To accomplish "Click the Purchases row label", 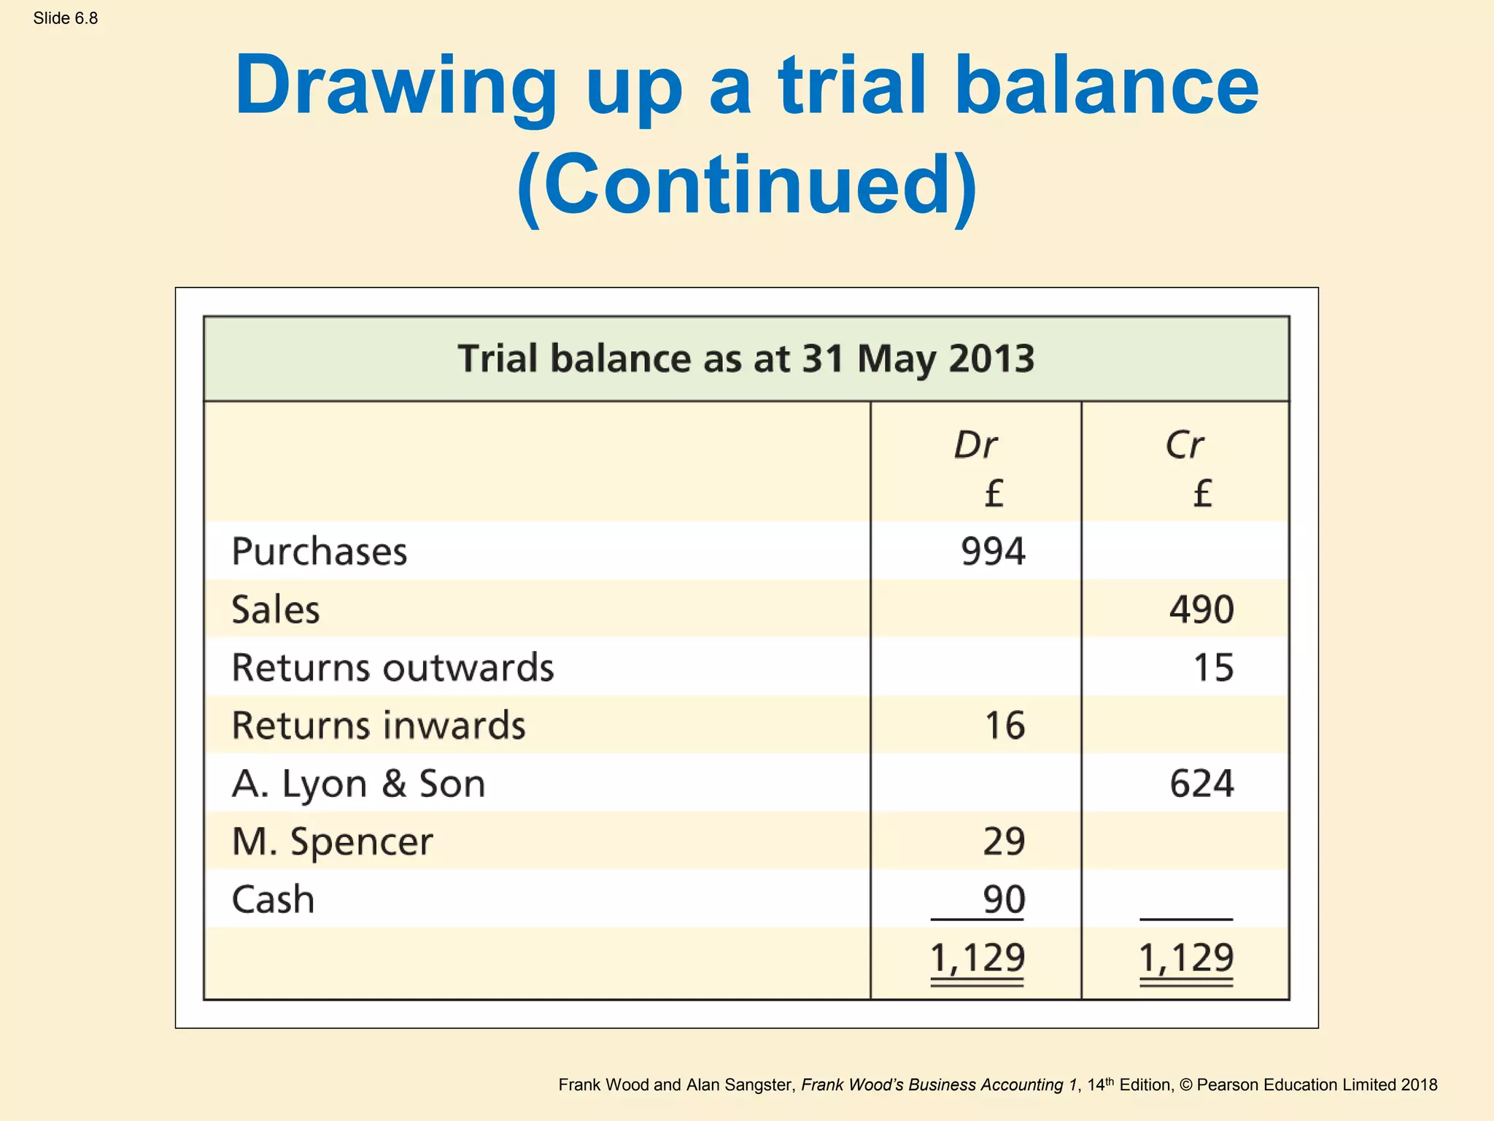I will pos(320,551).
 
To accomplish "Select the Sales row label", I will pos(276,609).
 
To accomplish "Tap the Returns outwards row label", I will pos(392,667).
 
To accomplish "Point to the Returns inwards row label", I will pos(379,725).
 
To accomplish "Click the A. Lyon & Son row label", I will pos(358,784).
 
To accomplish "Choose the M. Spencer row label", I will pos(332,841).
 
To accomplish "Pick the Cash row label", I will pos(273,899).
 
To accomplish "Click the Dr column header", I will pos(975,444).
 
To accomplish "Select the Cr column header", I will pos(1185,444).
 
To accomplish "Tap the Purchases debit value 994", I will pos(993,551).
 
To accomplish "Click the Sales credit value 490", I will pos(1201,609).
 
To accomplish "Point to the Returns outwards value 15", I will pos(1213,667).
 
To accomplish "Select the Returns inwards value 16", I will pos(1005,725).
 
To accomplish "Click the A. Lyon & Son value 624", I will pos(1201,784).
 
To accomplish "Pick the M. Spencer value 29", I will pos(1004,841).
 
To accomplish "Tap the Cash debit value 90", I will pos(1004,899).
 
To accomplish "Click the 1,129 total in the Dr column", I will pos(978,958).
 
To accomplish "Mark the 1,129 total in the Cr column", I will pos(1186,958).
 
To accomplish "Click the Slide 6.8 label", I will pos(66,18).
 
